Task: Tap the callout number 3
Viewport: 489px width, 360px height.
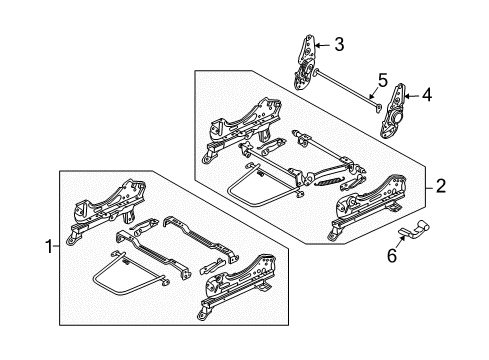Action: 340,44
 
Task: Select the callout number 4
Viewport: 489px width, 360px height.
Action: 426,96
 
